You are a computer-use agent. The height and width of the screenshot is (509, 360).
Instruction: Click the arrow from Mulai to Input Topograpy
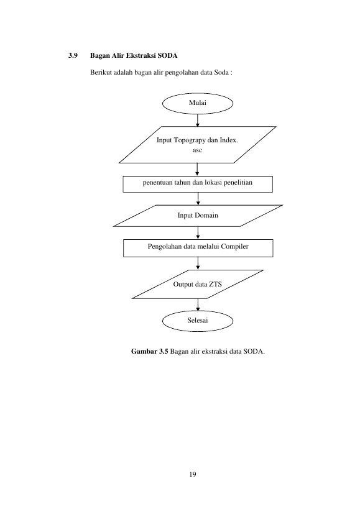tap(197, 120)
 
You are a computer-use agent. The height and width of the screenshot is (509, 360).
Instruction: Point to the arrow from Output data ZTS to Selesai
tap(198, 305)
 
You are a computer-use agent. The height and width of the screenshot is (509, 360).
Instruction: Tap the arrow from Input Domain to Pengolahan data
tap(198, 233)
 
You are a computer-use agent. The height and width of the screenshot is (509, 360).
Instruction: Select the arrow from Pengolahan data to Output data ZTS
tap(198, 264)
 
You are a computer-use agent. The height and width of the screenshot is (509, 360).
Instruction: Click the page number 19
tap(193, 474)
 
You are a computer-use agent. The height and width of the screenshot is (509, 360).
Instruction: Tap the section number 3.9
tap(73, 55)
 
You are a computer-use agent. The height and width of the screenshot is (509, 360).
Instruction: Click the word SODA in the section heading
tap(167, 55)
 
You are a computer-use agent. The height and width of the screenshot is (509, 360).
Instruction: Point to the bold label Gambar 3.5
tap(150, 351)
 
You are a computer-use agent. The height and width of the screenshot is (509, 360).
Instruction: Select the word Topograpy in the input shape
tap(190, 140)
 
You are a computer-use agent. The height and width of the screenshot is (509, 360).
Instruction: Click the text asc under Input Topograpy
tap(197, 150)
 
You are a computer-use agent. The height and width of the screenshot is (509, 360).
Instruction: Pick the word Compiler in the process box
tap(234, 246)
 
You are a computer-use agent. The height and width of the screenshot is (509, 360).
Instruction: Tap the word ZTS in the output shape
tap(216, 285)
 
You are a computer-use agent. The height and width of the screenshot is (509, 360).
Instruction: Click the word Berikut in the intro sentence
tap(101, 72)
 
